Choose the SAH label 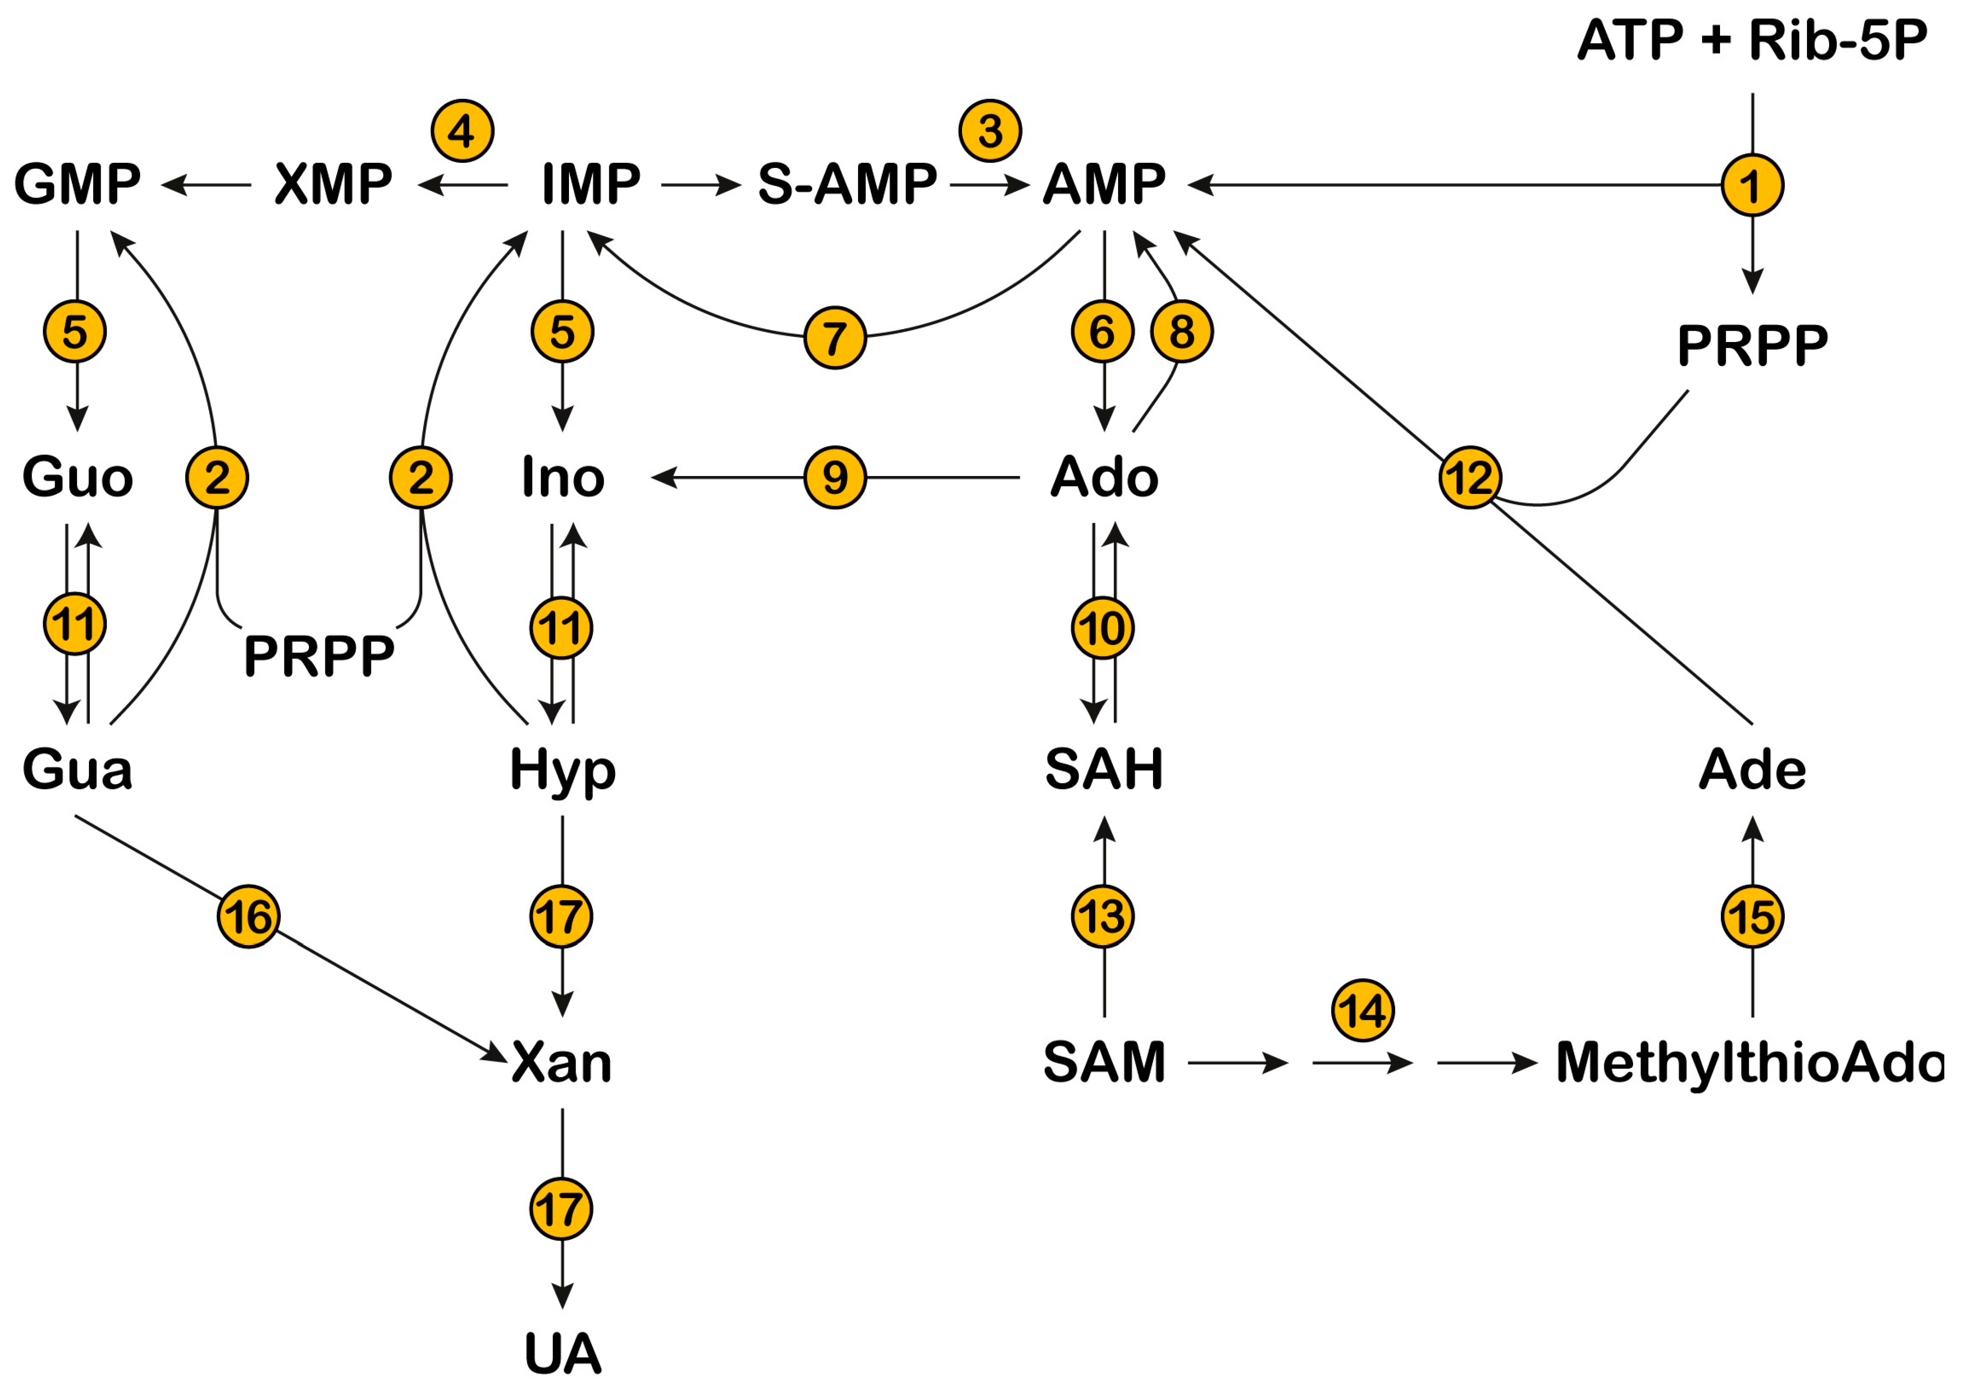[x=1105, y=769]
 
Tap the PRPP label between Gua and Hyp [x=319, y=656]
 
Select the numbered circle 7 [x=835, y=337]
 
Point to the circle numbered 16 [x=248, y=916]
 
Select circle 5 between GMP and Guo [x=75, y=332]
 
